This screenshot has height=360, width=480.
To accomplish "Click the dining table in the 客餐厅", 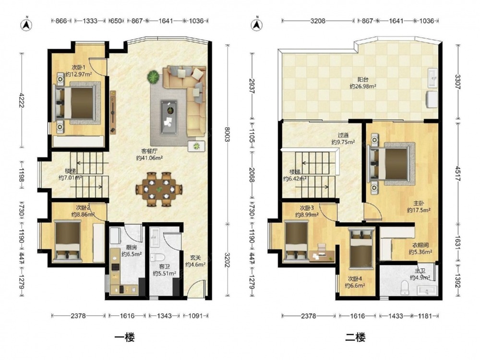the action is [159, 189].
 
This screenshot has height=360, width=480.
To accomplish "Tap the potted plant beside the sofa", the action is [154, 77].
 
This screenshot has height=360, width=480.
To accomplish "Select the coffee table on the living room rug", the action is [168, 117].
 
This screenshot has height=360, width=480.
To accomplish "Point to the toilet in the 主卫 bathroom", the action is [405, 288].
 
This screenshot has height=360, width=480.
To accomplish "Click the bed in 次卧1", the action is [74, 103].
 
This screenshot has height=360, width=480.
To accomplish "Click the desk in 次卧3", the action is [322, 256].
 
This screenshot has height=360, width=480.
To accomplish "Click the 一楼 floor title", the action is [124, 337].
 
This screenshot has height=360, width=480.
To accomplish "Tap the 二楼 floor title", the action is [355, 337].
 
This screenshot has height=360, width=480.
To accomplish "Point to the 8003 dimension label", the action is [227, 134].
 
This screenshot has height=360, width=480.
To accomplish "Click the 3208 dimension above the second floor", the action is [318, 21].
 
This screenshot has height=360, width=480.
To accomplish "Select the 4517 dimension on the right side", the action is [457, 174].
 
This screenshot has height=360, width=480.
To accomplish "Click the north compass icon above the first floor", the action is [26, 24].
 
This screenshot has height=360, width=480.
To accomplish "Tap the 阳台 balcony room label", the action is [362, 80].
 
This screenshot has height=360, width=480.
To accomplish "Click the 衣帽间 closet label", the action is [420, 245].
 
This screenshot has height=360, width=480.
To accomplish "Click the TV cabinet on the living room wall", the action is [113, 112].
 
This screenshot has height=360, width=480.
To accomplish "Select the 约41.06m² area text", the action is [149, 158].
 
